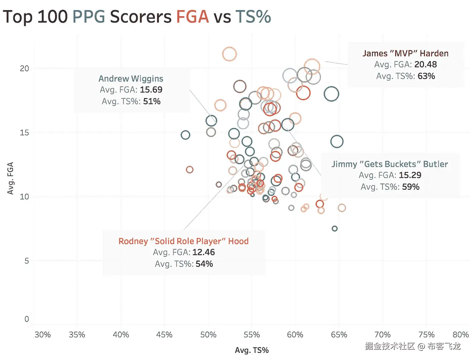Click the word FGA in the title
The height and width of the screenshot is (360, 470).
(192, 17)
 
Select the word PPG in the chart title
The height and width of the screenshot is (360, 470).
(89, 17)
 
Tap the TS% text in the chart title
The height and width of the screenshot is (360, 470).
(253, 17)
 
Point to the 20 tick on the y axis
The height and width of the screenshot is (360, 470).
(24, 69)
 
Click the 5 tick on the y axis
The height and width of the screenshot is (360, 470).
(27, 261)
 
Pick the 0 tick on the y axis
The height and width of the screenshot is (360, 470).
(27, 319)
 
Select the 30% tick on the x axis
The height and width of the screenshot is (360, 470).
(43, 335)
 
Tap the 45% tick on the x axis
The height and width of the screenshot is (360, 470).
(164, 335)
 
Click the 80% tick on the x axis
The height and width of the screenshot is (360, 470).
(460, 335)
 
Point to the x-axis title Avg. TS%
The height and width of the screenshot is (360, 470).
(252, 350)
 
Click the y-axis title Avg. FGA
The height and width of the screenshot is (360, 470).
(10, 178)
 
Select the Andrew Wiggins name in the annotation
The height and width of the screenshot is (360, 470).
(131, 79)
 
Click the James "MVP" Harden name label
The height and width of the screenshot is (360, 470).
(406, 53)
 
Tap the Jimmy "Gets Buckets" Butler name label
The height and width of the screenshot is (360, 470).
(390, 164)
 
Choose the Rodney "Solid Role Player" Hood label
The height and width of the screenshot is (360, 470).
(184, 241)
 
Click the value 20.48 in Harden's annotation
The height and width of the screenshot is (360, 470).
(425, 64)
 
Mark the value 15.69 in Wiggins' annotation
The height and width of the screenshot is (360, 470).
(151, 90)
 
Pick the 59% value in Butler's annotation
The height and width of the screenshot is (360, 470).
(411, 187)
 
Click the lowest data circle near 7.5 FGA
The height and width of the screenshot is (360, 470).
(334, 229)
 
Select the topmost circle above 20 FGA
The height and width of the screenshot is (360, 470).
(229, 54)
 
